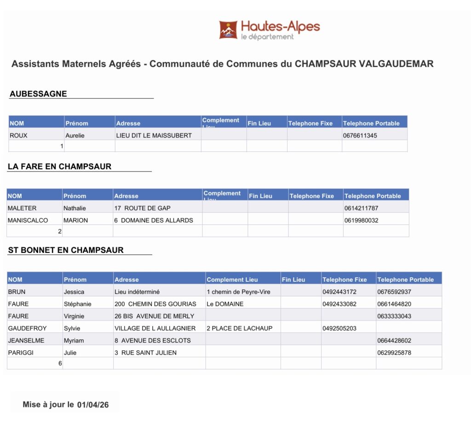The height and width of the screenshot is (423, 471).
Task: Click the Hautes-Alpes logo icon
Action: click(228, 29)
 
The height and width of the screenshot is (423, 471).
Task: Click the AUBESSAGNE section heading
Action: click(38, 94)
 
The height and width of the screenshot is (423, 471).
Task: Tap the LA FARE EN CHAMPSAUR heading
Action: click(59, 166)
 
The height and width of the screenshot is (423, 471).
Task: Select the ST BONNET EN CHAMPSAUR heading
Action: click(66, 250)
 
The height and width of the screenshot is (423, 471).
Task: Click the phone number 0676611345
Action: click(360, 136)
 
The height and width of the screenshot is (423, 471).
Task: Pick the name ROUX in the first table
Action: click(18, 136)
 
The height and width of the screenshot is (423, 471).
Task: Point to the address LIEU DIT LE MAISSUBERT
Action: click(154, 136)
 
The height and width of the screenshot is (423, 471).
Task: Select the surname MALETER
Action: click(22, 208)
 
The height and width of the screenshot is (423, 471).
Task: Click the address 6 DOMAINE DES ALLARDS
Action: click(154, 220)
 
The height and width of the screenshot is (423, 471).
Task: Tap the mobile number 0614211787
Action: click(361, 208)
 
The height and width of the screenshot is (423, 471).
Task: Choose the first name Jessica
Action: click(74, 292)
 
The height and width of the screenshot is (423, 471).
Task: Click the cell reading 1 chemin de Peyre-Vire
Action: click(238, 292)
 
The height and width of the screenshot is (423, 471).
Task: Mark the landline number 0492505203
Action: click(339, 328)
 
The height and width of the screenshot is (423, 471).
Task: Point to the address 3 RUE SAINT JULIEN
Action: click(145, 353)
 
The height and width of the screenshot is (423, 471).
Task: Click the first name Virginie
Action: click(75, 316)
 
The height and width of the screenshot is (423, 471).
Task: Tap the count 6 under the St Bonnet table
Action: click(60, 363)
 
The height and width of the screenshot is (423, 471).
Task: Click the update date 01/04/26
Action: click(93, 405)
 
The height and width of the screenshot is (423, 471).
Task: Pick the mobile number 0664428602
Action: click(394, 341)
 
